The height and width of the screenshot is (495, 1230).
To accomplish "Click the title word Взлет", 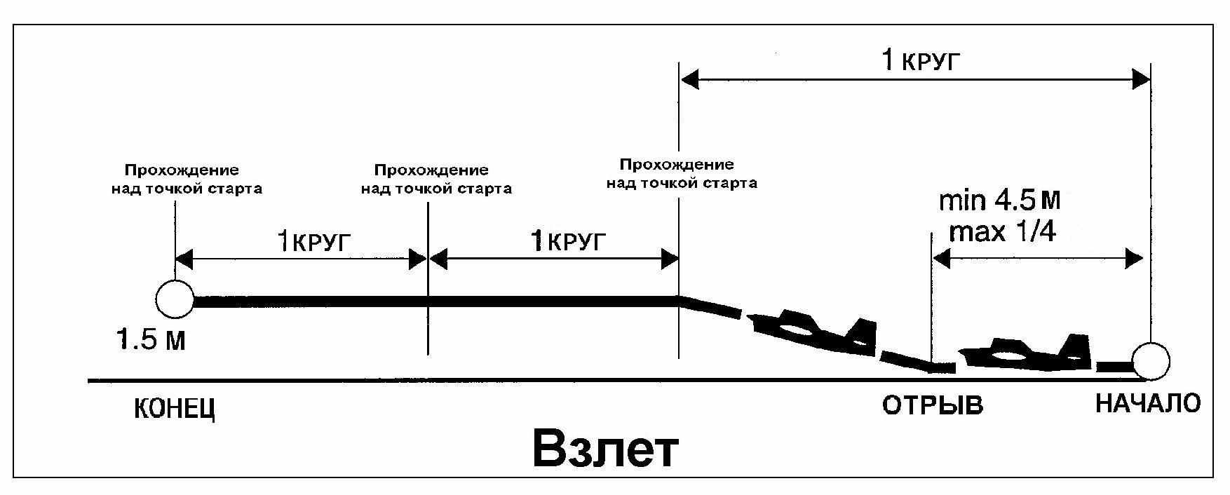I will point(605,449).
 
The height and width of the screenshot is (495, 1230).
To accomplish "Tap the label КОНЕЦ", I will point(174,409).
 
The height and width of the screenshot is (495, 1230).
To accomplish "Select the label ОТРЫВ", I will point(932,405).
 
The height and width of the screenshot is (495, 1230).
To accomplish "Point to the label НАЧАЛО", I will point(1148,403).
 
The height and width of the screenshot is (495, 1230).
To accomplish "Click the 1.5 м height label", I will point(151,341).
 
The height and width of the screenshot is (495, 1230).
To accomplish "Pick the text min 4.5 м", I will point(999,202).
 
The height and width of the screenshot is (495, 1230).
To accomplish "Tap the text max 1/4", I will point(1002,231).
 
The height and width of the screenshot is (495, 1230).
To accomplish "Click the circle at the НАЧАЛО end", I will point(1151,361).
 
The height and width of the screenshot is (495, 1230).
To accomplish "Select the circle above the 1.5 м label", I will point(175,299).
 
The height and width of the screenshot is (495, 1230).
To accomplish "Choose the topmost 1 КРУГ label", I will point(919,62).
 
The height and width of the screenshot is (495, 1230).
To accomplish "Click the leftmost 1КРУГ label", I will point(313,243).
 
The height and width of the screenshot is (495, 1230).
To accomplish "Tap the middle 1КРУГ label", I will point(567,243).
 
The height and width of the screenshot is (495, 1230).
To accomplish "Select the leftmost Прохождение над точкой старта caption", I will point(187,179).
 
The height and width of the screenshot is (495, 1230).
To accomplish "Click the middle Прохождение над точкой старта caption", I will point(435,179).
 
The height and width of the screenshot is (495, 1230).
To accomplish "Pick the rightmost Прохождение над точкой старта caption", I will point(682,174).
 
